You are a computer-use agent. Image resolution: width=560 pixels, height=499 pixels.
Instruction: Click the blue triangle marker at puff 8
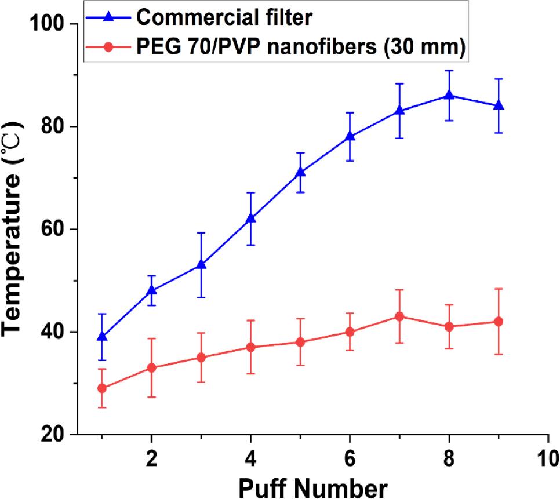(448, 95)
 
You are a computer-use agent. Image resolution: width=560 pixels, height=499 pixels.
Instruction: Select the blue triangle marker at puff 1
(102, 336)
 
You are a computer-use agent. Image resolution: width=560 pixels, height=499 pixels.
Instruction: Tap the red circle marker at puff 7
(399, 316)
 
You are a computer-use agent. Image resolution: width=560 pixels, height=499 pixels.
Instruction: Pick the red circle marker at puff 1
(102, 388)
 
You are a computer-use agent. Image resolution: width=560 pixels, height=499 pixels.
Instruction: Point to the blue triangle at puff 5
(300, 172)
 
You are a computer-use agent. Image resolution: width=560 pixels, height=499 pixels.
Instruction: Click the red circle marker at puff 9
(498, 322)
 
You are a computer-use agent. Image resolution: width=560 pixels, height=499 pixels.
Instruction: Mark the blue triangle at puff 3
(201, 264)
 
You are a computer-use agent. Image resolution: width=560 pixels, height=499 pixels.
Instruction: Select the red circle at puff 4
(250, 347)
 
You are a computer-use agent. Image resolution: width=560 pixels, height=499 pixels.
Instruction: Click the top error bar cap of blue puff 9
(498, 78)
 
